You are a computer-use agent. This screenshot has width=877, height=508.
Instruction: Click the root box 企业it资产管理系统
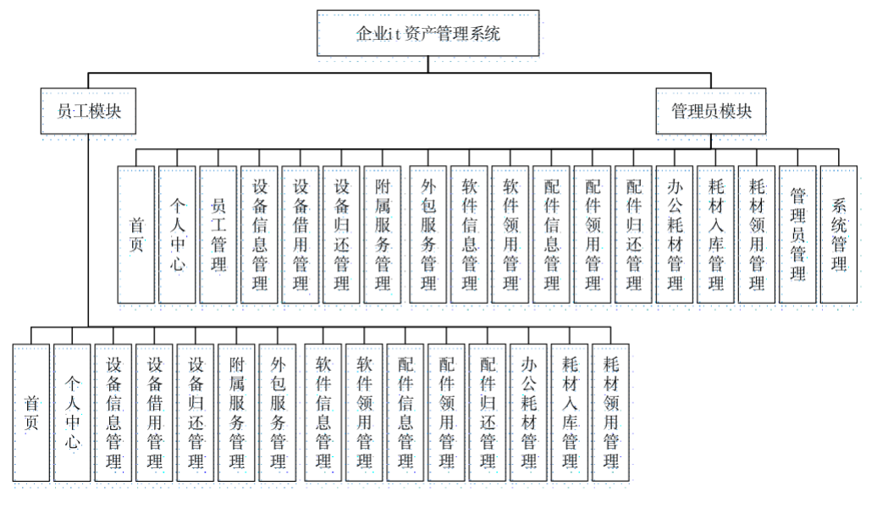427,35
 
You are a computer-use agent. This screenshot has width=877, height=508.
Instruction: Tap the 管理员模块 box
711,111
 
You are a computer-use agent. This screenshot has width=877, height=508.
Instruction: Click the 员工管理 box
219,234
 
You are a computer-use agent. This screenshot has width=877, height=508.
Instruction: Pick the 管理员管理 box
797,234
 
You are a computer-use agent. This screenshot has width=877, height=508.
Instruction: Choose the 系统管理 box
839,234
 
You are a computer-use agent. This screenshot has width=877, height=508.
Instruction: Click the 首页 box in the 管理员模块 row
136,234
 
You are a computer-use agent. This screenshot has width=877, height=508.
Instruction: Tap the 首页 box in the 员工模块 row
31,411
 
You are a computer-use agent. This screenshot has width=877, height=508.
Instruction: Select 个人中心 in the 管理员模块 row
178,234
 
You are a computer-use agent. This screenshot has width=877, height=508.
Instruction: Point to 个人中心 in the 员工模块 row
73,411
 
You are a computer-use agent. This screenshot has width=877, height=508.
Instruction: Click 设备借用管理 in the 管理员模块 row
301,234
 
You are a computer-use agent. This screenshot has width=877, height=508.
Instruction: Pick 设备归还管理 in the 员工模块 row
196,411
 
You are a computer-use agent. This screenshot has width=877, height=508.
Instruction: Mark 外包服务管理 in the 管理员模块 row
427,234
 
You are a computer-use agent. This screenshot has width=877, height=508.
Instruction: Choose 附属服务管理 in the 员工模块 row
238,411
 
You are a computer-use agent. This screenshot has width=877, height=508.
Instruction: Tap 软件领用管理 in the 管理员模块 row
510,234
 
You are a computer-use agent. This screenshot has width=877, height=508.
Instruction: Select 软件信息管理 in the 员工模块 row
323,411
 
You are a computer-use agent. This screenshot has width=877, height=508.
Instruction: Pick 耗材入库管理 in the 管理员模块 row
715,234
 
